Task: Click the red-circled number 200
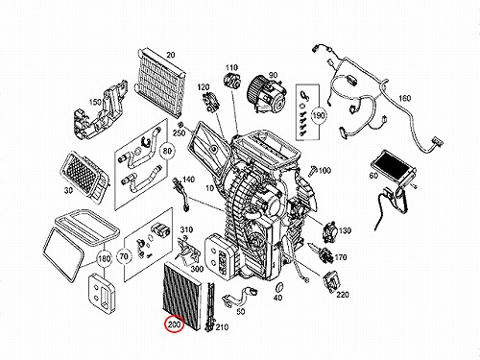(175, 324)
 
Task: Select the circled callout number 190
(319, 115)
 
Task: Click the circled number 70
(124, 256)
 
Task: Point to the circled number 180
(104, 258)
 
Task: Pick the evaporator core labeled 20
(161, 84)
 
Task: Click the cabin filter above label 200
(182, 294)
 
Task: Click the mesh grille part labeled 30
(85, 177)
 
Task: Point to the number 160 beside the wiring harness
(404, 98)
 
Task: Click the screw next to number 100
(313, 171)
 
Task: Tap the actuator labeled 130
(328, 230)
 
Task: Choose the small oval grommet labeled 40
(278, 287)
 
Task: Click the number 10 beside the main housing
(209, 188)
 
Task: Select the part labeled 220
(332, 280)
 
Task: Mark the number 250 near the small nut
(180, 132)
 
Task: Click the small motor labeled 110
(232, 81)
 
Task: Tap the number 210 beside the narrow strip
(222, 327)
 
